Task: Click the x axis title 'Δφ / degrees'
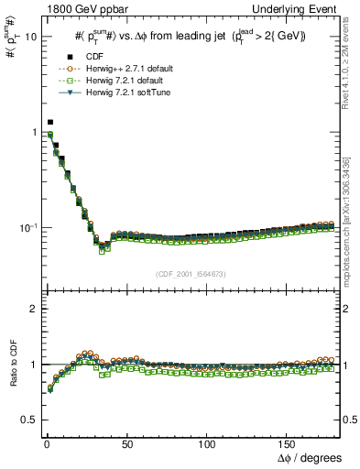click(311, 456)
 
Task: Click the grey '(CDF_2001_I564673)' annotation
click(190, 274)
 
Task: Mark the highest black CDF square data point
click(50, 122)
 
